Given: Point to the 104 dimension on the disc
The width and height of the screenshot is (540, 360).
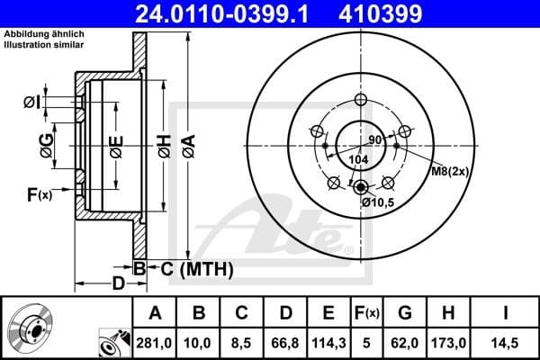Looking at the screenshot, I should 359,159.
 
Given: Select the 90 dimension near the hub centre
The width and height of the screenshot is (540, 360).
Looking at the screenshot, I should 375,140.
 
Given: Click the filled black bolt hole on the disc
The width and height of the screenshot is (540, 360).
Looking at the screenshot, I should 361,187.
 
